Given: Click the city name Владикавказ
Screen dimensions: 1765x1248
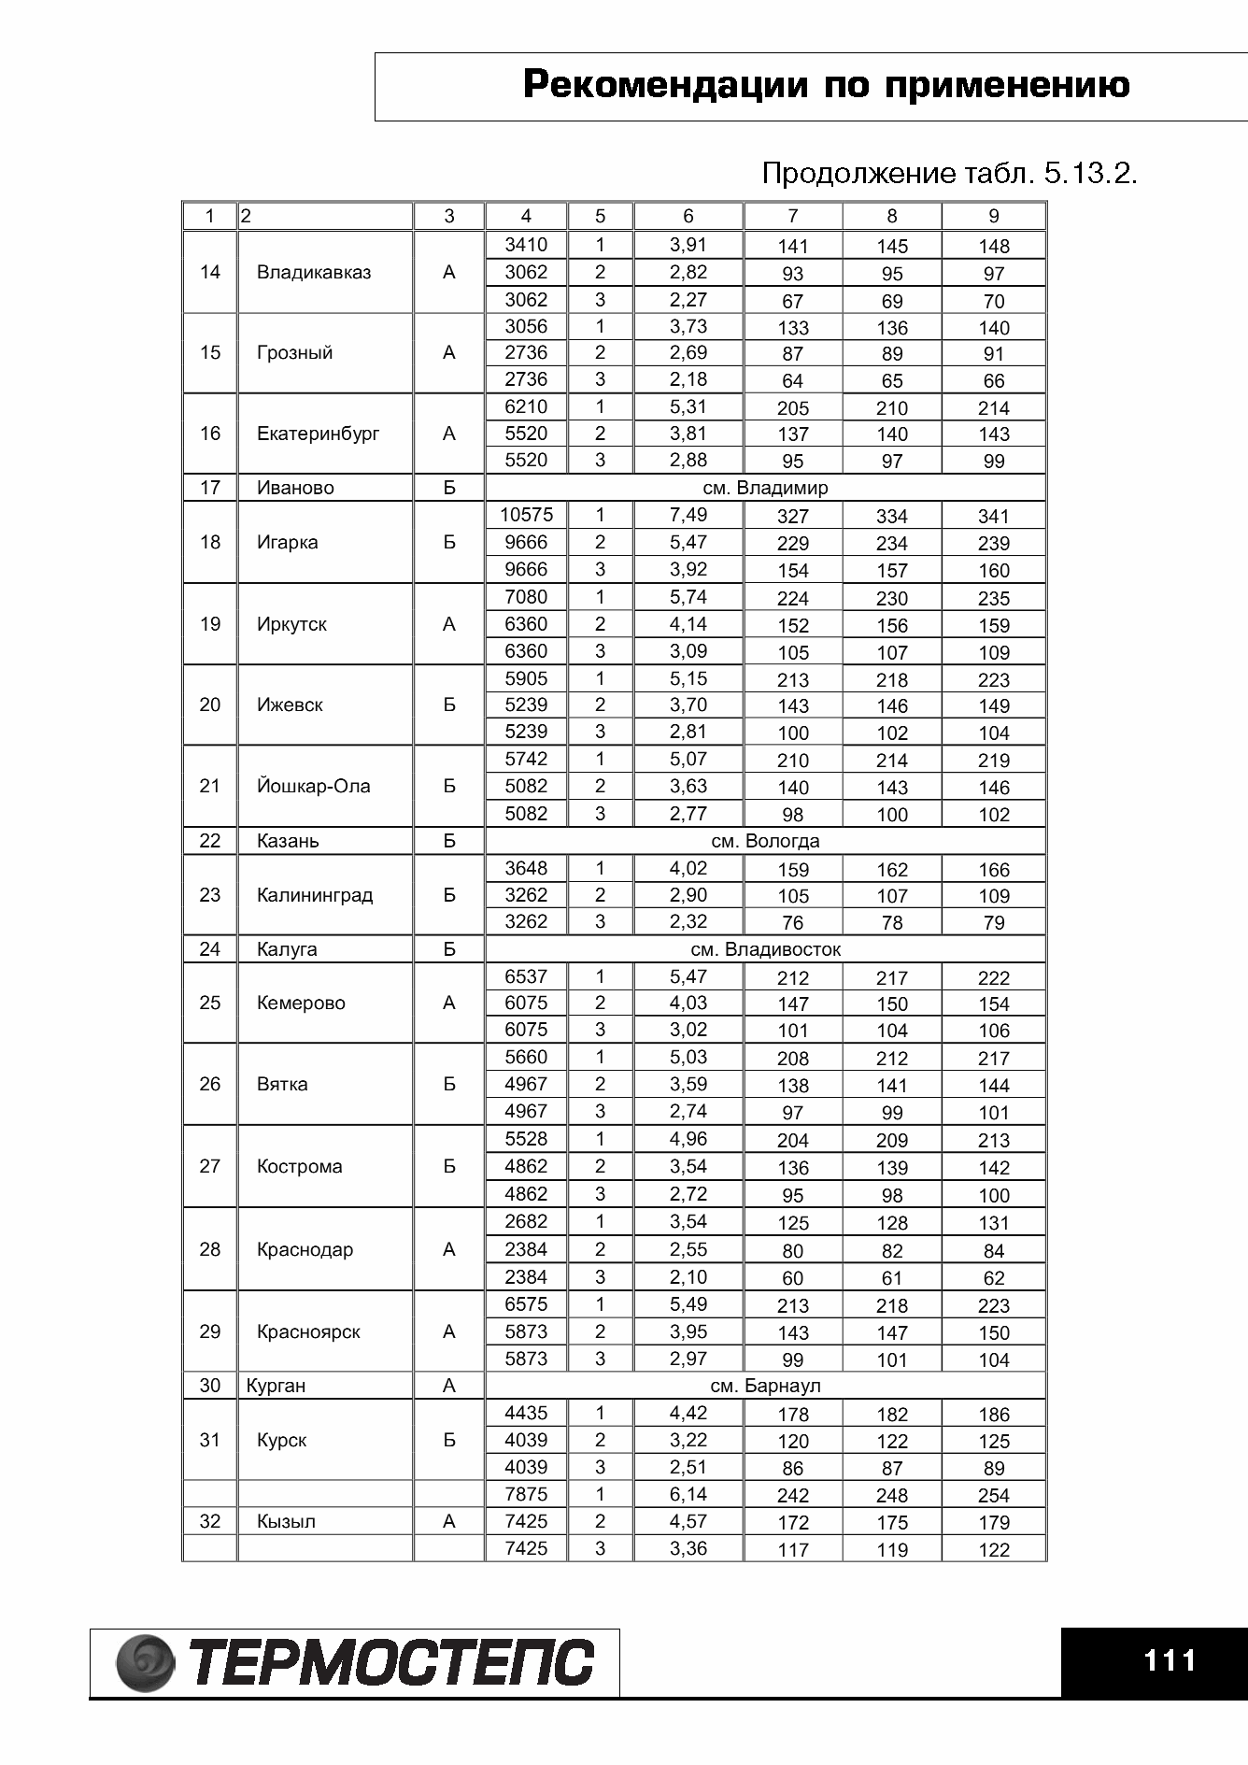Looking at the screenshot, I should [314, 273].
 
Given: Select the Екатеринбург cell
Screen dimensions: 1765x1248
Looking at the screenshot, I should [318, 434].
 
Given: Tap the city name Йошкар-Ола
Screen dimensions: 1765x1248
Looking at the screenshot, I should [313, 787].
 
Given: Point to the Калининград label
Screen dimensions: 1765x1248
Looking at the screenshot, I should [314, 895].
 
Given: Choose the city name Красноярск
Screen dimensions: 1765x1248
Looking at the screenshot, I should [308, 1332].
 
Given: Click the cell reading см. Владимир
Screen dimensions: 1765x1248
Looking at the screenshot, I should [765, 488].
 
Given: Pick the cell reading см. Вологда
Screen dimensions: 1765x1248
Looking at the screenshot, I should [765, 841].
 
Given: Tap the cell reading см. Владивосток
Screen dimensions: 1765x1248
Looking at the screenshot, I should [765, 949].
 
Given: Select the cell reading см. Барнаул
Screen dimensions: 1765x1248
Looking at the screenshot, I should [765, 1386].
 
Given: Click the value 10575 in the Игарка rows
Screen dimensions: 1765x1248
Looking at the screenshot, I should [526, 515].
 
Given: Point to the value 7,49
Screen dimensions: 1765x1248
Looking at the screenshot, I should [688, 515].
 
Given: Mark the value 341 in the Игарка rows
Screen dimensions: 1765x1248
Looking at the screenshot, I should [993, 517].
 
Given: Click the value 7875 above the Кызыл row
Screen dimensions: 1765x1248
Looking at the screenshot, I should [526, 1494].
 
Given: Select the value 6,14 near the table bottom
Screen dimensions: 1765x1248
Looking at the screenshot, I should [688, 1494].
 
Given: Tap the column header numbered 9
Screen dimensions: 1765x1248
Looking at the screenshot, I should [993, 217].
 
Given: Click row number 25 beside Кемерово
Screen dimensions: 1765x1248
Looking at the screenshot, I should [210, 1003].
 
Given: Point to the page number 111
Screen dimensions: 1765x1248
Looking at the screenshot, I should [1170, 1660].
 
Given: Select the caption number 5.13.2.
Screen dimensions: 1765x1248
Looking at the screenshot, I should [1090, 174].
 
